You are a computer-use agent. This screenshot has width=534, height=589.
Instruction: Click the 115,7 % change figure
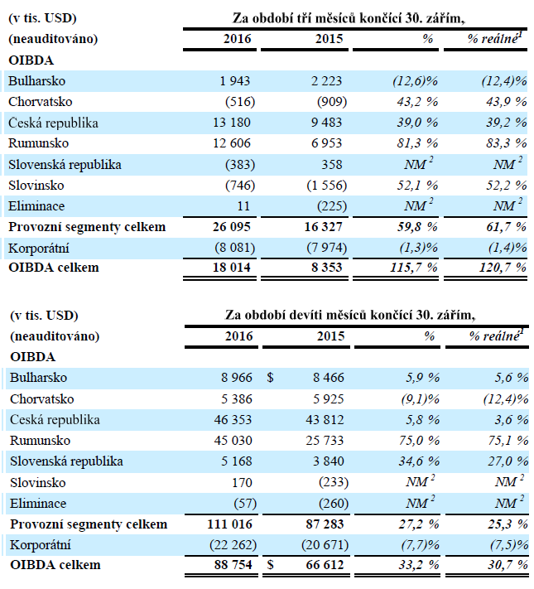click(x=412, y=268)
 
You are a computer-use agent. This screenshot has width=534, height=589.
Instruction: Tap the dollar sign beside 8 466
click(x=270, y=378)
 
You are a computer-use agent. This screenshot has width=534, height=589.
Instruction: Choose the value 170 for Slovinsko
click(x=242, y=481)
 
